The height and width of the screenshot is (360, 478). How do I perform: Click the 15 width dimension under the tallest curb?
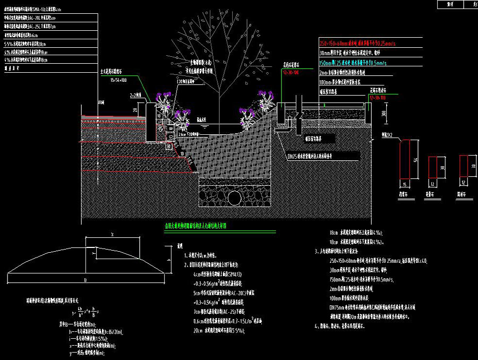pyautogui.click(x=405, y=184)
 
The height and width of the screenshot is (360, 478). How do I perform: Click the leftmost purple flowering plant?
pyautogui.click(x=163, y=99)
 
